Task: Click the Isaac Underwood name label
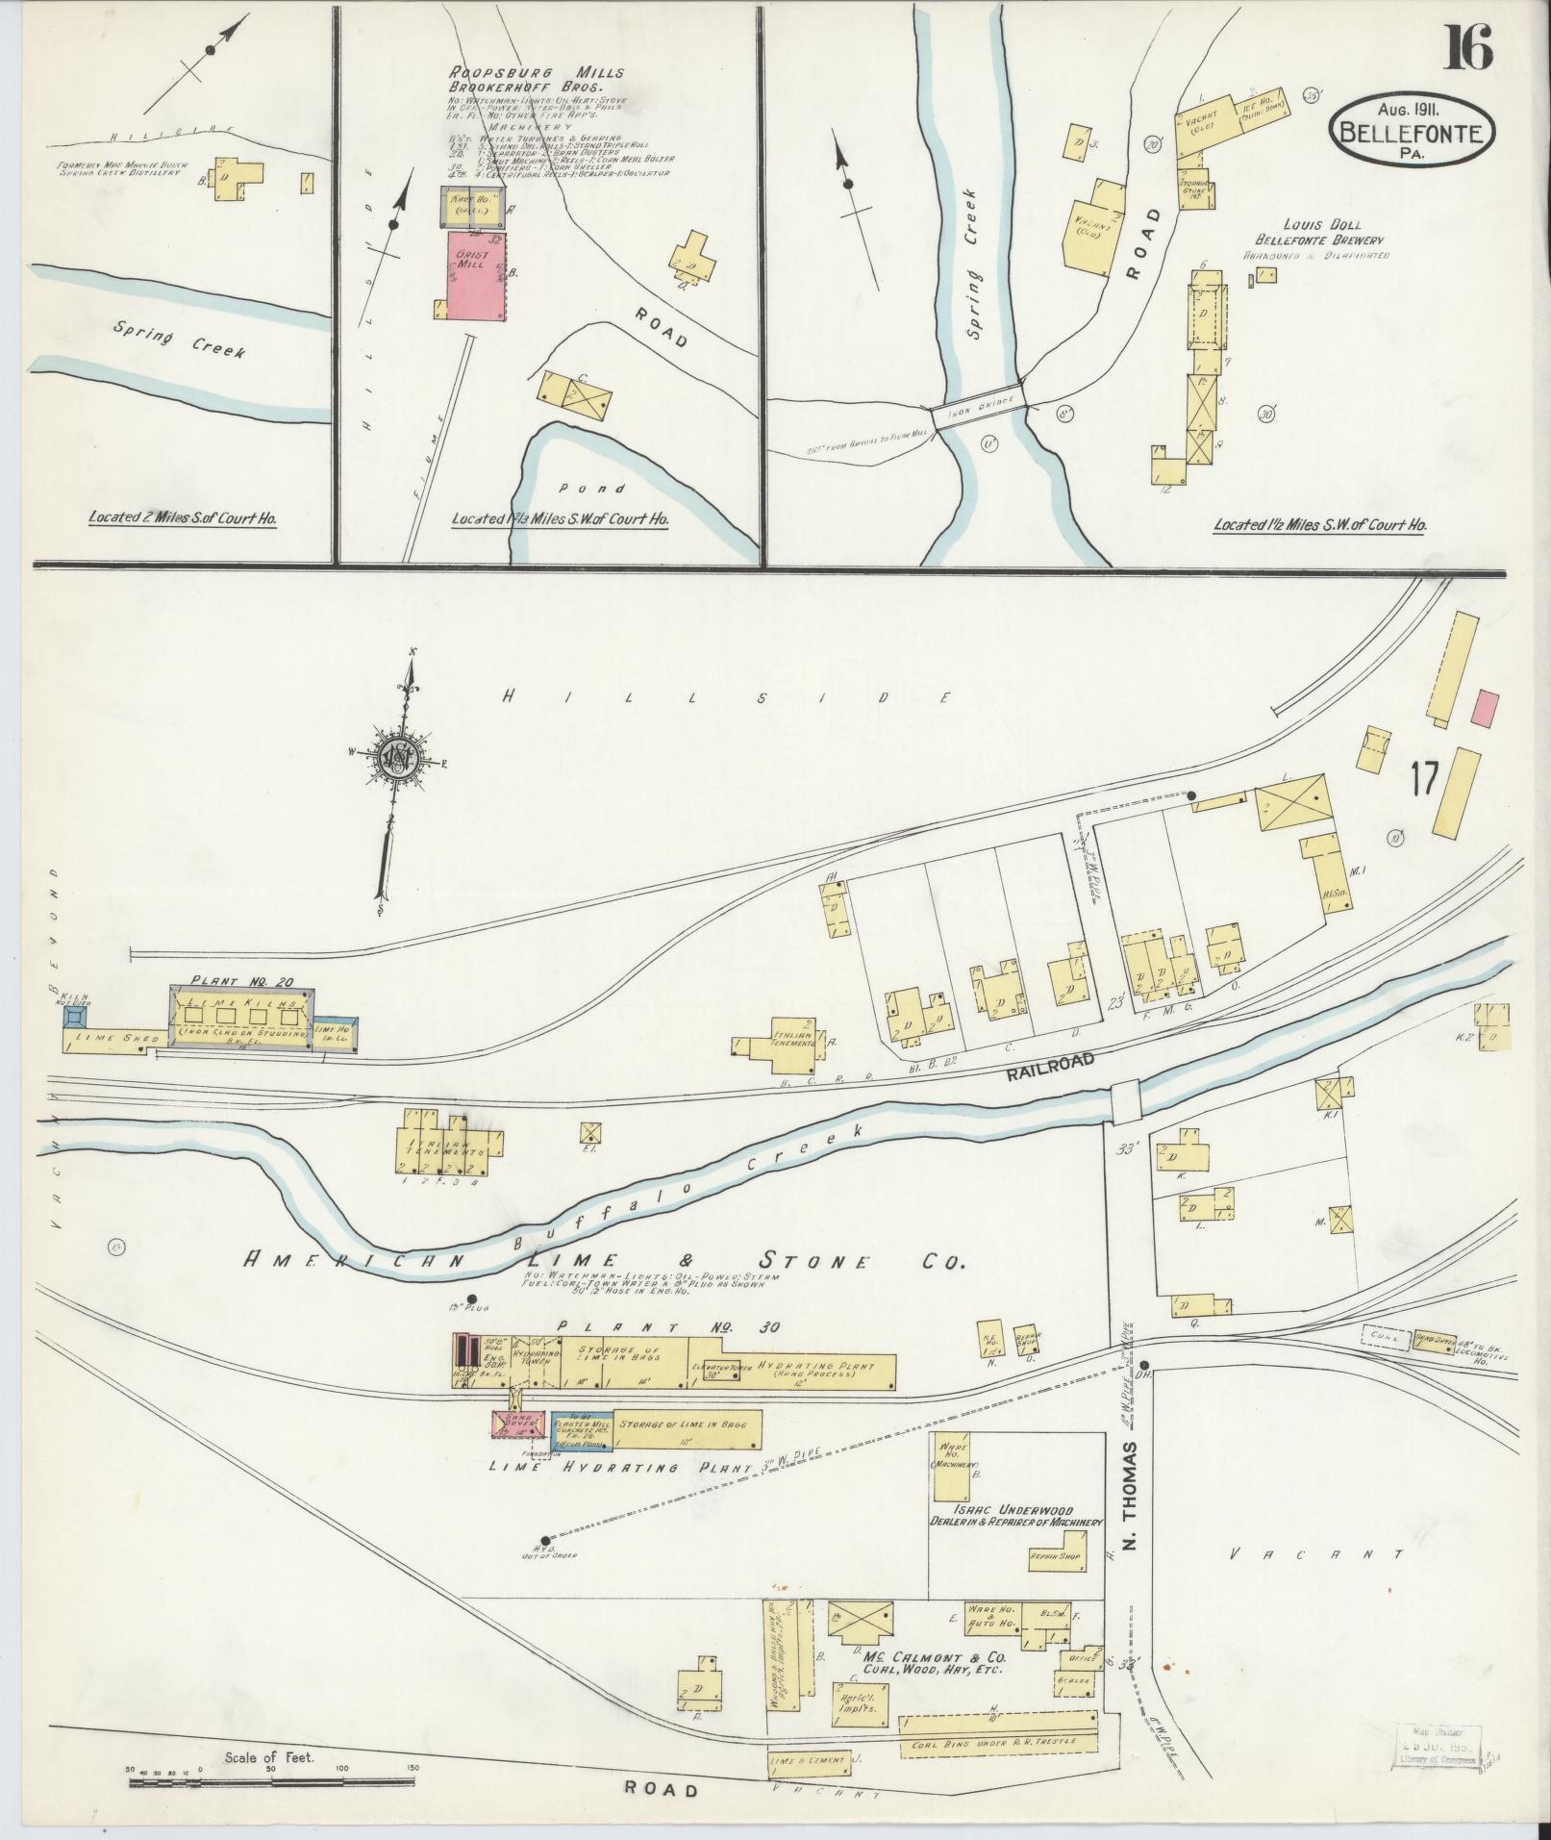(x=1014, y=1511)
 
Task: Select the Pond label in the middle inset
(x=605, y=489)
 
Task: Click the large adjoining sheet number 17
(x=1424, y=778)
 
